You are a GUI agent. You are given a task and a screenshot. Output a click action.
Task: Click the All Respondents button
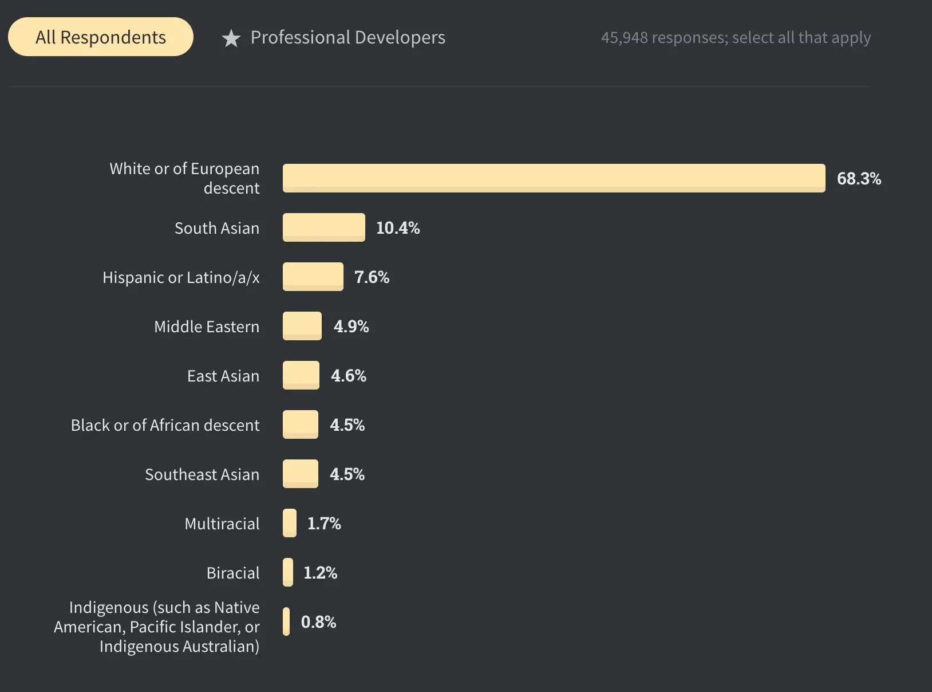pos(101,37)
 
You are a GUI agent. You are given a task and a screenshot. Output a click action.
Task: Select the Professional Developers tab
pos(347,38)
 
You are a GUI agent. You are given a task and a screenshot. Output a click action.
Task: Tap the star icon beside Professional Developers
pos(231,38)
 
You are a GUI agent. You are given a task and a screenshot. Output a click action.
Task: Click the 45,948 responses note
pos(736,38)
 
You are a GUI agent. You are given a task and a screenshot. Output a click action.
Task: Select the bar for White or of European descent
pos(554,178)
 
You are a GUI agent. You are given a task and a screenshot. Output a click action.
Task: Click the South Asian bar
pos(324,227)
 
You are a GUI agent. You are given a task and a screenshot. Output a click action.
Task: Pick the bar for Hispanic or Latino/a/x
pos(313,277)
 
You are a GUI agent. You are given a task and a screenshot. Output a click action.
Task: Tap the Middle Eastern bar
pos(302,326)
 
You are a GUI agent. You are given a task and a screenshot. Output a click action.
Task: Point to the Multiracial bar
pos(290,523)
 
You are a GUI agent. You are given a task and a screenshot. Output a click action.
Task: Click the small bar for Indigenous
pos(286,622)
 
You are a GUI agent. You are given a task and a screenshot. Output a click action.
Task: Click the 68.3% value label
pos(859,179)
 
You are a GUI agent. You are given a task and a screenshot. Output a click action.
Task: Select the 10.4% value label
pos(398,228)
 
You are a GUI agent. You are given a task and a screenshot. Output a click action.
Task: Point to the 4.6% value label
pos(349,376)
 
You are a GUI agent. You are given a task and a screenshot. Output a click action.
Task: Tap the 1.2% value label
pos(320,573)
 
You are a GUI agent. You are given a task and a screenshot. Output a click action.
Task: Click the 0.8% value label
pos(318,622)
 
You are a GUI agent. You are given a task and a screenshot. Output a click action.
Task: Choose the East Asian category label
pos(223,376)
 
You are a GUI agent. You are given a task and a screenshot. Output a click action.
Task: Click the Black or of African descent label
pos(165,425)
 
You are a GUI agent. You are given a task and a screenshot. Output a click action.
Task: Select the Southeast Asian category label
pos(202,474)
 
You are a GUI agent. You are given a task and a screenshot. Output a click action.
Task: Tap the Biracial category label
pos(233,573)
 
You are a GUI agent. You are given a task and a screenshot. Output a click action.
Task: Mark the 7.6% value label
pos(372,277)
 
